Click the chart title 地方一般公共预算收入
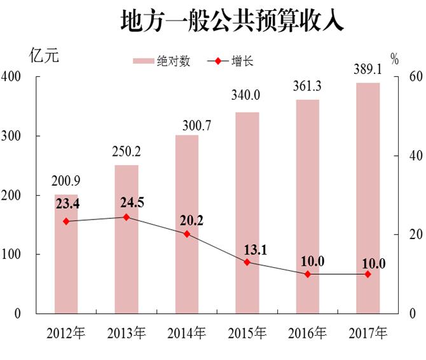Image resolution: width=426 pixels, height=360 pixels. (x=232, y=21)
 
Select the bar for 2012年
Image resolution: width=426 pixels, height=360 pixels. (x=66, y=254)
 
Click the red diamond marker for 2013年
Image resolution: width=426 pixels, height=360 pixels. (x=126, y=217)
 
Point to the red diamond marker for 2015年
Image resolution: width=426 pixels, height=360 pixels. (x=247, y=262)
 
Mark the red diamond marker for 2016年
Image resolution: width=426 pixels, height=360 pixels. (x=308, y=274)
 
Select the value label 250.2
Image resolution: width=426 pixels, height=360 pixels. (x=127, y=152)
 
